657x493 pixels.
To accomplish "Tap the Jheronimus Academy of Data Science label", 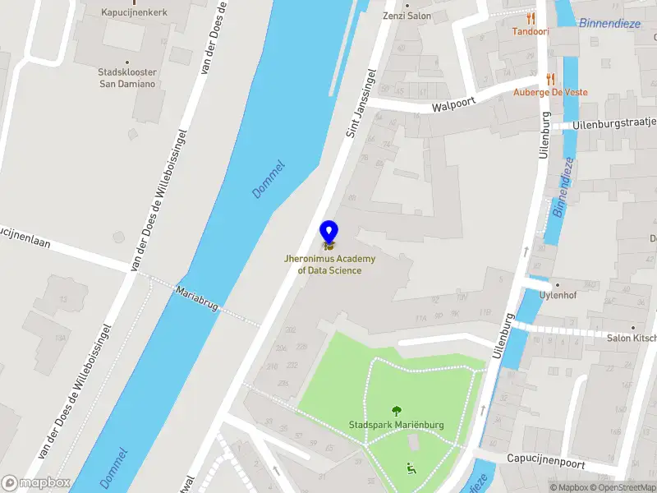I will click(x=328, y=265).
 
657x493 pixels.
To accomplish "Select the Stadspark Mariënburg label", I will click(x=396, y=425).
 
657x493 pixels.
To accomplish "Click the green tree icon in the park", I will click(x=397, y=410).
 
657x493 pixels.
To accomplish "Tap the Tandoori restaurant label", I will click(x=531, y=31).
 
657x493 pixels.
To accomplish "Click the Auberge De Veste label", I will click(x=550, y=92).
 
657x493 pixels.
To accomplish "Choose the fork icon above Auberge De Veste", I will click(x=550, y=79).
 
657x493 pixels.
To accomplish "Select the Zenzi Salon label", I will click(x=407, y=16).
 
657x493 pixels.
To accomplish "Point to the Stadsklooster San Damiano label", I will click(x=127, y=78).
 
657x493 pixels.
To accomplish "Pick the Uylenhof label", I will click(x=556, y=295).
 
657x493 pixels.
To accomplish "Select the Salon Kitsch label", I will click(x=631, y=338).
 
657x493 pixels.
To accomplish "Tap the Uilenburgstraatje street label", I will click(x=616, y=123).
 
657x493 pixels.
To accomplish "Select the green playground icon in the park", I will click(x=411, y=468).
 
